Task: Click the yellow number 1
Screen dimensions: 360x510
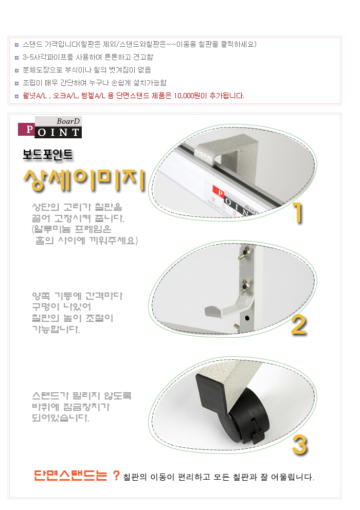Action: point(298,212)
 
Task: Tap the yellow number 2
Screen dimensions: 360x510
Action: point(299,325)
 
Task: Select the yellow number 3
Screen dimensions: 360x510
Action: point(299,445)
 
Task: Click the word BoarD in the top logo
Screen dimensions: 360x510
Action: point(68,121)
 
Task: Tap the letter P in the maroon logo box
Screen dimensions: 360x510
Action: point(29,130)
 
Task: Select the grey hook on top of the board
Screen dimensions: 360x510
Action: point(225,151)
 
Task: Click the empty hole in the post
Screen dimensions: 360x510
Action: point(247,318)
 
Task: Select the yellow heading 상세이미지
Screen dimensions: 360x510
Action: point(84,179)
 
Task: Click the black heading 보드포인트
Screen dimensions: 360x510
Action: point(47,154)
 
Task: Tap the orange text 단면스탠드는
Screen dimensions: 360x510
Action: point(70,476)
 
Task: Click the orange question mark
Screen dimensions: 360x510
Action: point(116,476)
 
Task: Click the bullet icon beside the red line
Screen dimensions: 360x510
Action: point(16,96)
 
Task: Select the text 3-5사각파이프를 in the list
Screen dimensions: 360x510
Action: point(48,57)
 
